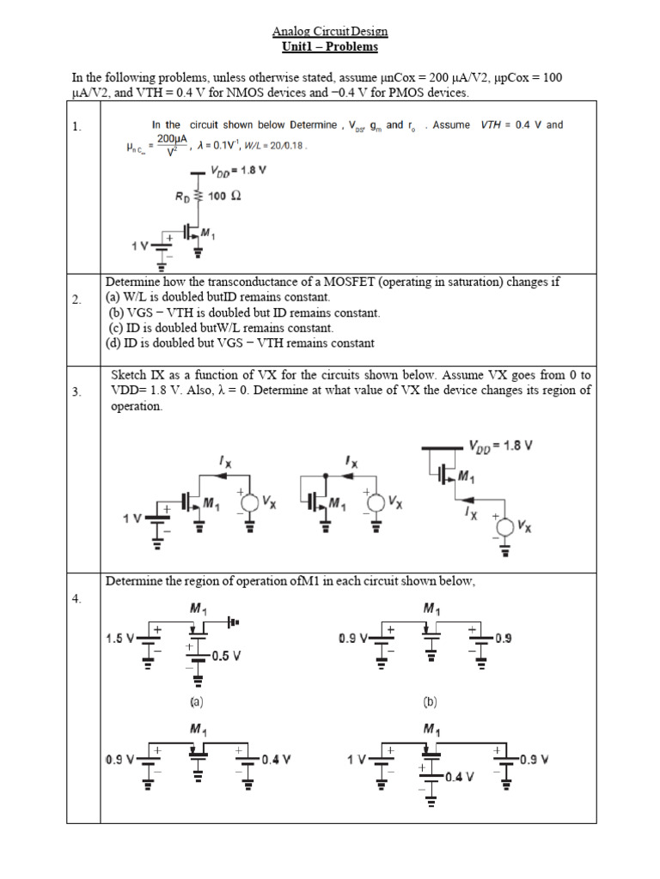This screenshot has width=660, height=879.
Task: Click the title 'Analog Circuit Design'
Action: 330,32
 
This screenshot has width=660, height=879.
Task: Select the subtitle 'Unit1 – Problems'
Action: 330,46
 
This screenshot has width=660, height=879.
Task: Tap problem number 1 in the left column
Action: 76,127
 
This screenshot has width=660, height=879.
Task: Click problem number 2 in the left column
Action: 76,300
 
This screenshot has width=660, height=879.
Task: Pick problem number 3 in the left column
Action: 76,392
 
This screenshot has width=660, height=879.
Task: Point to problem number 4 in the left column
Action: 76,599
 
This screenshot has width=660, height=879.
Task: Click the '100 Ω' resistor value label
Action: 224,196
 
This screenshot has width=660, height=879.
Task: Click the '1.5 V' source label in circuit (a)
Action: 120,639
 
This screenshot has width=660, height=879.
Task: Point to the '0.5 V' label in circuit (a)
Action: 225,656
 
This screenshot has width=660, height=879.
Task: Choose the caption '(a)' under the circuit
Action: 196,701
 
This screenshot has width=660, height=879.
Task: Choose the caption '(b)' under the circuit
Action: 431,701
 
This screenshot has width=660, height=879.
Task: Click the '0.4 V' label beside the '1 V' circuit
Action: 460,777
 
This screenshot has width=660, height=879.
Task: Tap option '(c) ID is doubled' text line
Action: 220,328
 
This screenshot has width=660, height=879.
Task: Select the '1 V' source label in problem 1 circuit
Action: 139,246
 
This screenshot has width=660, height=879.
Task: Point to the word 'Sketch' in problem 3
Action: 129,376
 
